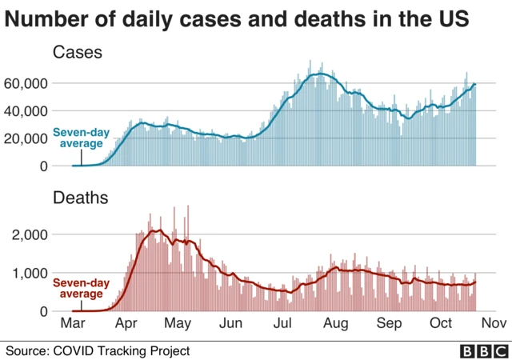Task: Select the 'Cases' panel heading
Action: [x=78, y=54]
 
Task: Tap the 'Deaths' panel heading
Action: [x=80, y=197]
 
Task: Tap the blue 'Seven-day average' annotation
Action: [x=78, y=138]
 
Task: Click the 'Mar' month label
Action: [x=73, y=324]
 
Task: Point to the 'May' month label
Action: [x=178, y=324]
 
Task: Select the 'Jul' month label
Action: [x=283, y=324]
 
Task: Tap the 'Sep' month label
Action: [x=389, y=324]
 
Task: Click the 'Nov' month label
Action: [x=494, y=324]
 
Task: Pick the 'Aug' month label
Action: [x=336, y=324]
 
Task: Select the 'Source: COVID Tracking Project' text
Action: [x=98, y=350]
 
